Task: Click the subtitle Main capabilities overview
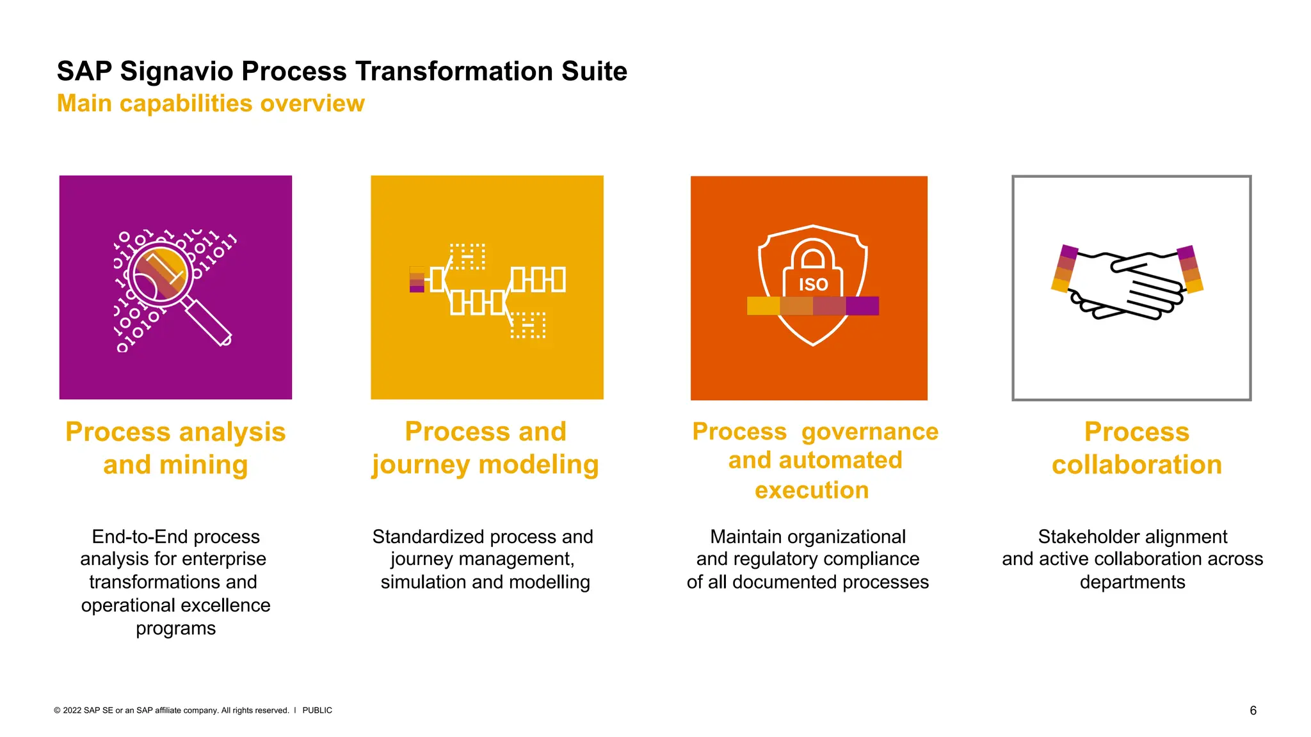point(211,104)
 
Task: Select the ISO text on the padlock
point(813,285)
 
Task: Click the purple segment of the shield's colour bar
point(862,306)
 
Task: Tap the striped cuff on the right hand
point(1190,269)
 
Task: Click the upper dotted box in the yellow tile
point(467,257)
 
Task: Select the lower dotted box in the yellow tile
point(528,325)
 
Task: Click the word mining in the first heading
point(203,465)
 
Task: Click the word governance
point(869,432)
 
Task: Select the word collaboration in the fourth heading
point(1136,465)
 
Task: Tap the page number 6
point(1253,710)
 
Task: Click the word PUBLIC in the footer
point(317,710)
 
